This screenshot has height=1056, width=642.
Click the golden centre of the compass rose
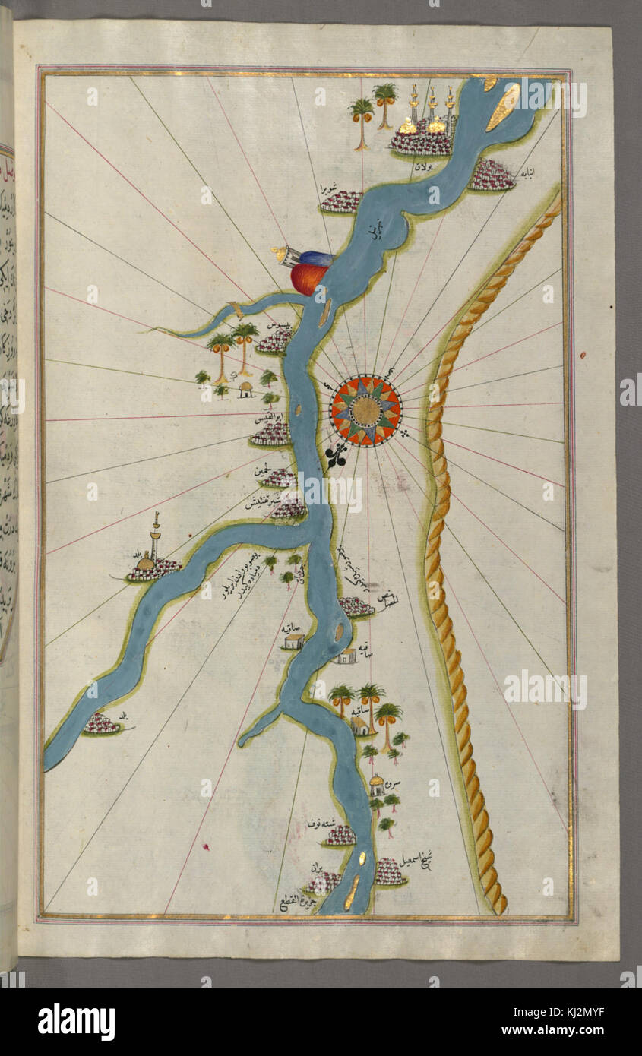(x=366, y=411)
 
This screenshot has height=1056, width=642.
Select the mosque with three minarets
(x=422, y=125)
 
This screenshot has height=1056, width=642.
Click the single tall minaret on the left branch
(x=156, y=536)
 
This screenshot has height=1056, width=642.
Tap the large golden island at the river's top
(x=504, y=106)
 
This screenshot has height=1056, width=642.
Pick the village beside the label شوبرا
(x=341, y=201)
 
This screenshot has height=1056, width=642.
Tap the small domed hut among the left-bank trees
(x=246, y=390)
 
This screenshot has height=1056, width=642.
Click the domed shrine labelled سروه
(x=376, y=784)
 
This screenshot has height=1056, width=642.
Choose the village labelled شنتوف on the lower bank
(x=341, y=836)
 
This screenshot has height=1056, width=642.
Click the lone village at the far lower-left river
(x=101, y=724)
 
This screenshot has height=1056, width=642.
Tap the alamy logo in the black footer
(x=76, y=1022)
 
